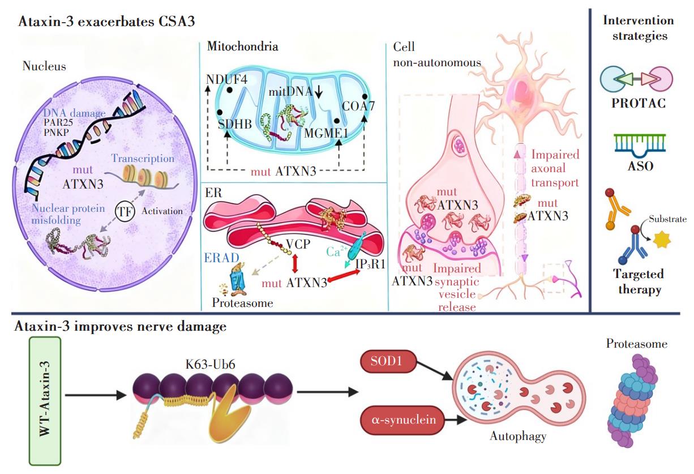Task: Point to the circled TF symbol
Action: (x=126, y=211)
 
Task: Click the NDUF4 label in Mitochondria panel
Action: (x=227, y=79)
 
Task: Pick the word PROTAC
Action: (x=638, y=104)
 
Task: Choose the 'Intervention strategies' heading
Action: (x=638, y=28)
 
